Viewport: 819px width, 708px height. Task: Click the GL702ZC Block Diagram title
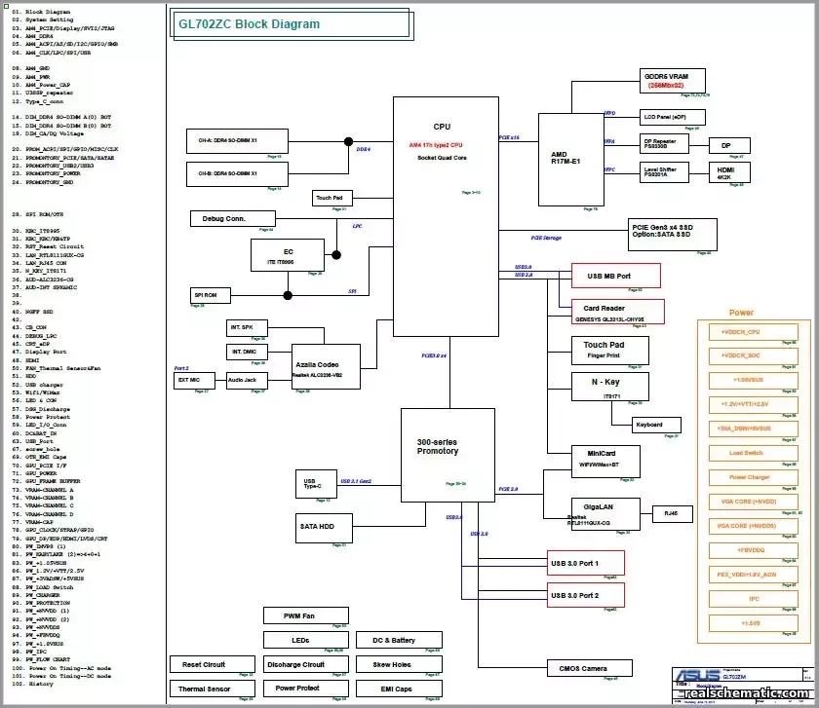[x=249, y=24]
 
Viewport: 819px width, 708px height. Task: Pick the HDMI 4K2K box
[x=724, y=171]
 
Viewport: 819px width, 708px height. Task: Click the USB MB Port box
[x=615, y=276]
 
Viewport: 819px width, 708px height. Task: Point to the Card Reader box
[x=618, y=312]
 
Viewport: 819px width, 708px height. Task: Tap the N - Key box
[x=610, y=387]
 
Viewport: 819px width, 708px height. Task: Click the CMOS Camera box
[x=583, y=668]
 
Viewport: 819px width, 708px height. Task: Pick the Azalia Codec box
[x=326, y=368]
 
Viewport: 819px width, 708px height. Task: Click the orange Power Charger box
[x=749, y=477]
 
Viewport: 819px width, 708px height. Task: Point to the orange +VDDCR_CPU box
[x=749, y=331]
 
